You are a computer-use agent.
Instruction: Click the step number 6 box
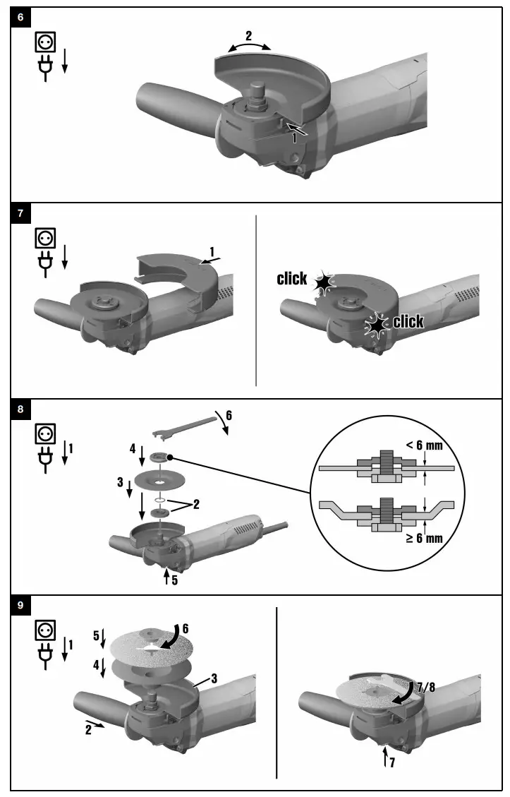[x=20, y=17]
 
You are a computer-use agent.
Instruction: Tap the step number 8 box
[x=20, y=409]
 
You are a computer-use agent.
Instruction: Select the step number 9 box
[x=20, y=605]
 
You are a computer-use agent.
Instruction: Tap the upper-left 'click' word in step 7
[x=292, y=279]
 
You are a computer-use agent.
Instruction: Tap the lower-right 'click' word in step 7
[x=408, y=323]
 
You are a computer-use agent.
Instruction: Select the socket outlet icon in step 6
[x=45, y=43]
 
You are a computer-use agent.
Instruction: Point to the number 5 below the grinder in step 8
[x=174, y=582]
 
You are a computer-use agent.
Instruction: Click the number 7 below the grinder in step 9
[x=392, y=763]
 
